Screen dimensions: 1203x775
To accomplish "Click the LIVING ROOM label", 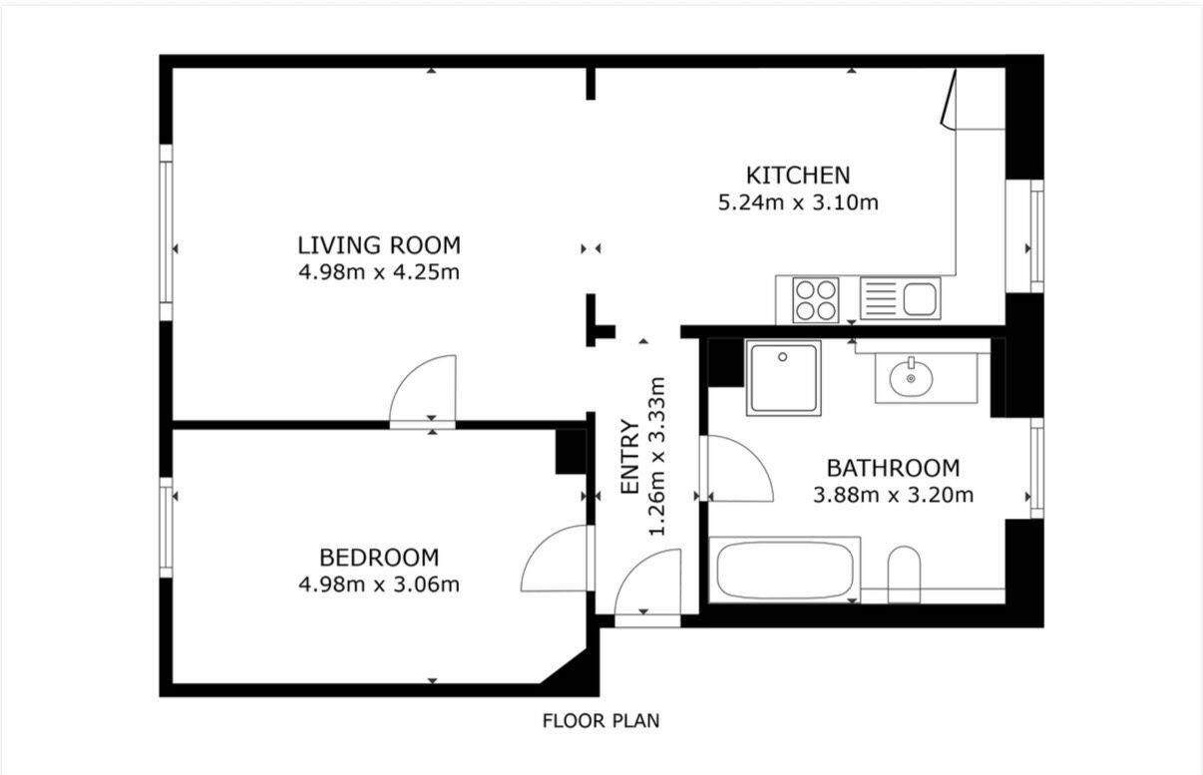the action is (379, 245).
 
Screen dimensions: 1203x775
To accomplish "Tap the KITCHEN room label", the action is (798, 176).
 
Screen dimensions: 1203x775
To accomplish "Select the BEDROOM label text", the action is (379, 558).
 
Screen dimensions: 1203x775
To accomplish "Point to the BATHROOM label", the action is (893, 469).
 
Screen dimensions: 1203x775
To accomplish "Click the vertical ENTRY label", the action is (630, 457).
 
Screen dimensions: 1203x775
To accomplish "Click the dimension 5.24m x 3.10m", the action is (798, 202).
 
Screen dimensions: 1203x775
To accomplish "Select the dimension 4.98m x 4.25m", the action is (379, 272).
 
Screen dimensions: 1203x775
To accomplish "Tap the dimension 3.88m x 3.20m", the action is (893, 495).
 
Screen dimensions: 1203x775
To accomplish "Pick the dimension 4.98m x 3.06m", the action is (379, 584).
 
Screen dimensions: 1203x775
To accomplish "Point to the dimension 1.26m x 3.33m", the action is (657, 457).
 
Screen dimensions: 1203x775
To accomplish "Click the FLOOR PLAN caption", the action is (601, 721).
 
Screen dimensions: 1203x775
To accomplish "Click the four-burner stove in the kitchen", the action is (815, 300).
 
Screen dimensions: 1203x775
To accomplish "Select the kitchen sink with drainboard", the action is (900, 298).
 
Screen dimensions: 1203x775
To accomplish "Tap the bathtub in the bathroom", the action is (785, 570).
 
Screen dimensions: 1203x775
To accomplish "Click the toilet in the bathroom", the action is (904, 575).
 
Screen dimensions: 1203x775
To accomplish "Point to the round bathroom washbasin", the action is (911, 378).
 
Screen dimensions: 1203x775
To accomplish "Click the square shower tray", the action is (784, 378).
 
